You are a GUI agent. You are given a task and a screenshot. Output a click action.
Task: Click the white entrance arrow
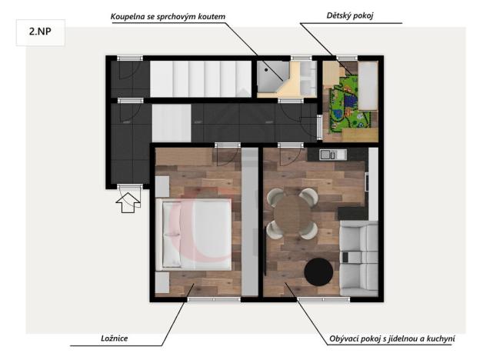tap(128, 202)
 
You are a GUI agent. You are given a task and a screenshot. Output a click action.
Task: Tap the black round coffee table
tap(318, 272)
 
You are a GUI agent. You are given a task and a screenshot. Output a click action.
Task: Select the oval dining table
tap(289, 215)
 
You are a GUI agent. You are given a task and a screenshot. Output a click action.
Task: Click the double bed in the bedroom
tap(195, 234)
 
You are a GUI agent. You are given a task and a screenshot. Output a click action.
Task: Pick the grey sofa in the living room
tap(358, 258)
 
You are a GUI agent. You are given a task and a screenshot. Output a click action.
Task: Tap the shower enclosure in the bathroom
tap(271, 75)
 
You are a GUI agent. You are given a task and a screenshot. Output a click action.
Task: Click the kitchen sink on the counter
tap(326, 155)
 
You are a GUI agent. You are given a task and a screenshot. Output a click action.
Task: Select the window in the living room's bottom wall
tap(318, 299)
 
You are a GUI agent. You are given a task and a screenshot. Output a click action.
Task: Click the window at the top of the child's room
tap(346, 58)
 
